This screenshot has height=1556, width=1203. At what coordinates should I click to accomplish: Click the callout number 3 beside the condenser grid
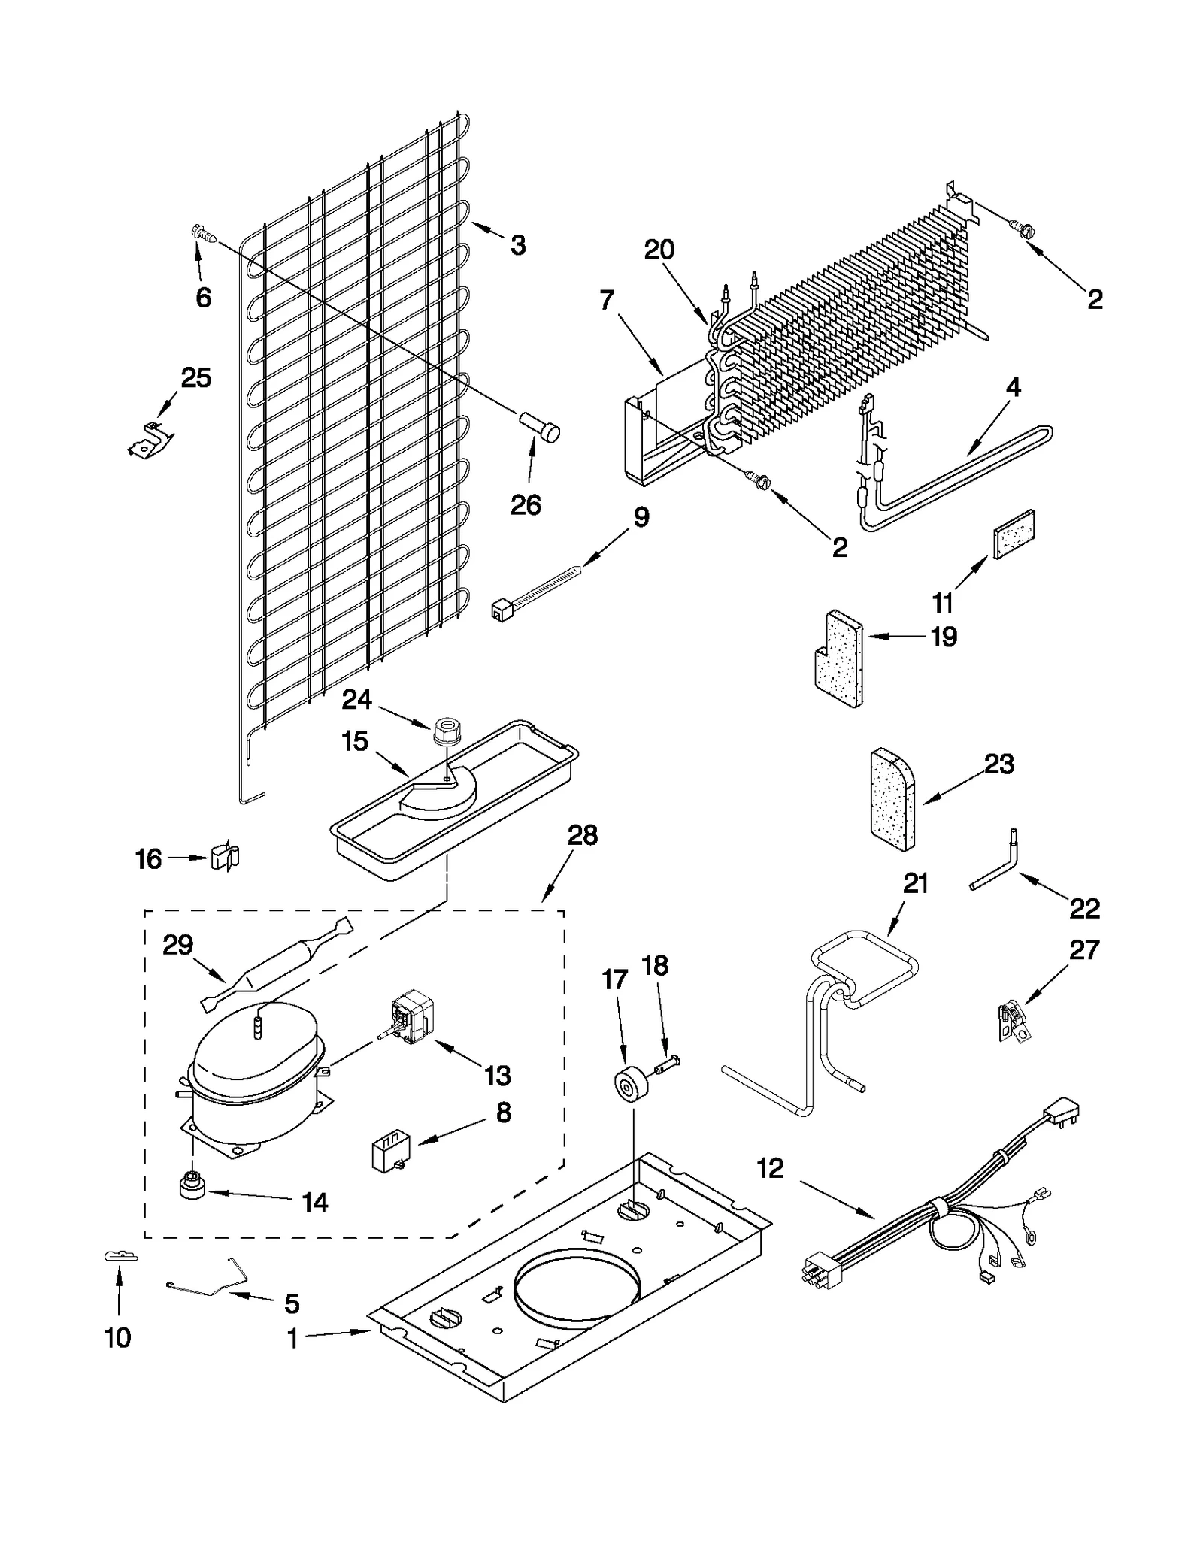tap(518, 245)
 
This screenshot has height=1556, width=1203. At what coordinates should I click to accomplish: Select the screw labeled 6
tap(202, 234)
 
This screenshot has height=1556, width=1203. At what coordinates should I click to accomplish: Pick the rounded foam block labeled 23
tap(892, 798)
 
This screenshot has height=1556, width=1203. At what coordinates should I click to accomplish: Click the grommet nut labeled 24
tap(444, 731)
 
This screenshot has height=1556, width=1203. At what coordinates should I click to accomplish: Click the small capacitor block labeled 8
tap(389, 1152)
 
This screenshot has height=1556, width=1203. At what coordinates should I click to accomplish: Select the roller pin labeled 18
tap(666, 1063)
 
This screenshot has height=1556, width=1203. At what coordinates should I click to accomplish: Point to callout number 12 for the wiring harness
tap(770, 1168)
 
